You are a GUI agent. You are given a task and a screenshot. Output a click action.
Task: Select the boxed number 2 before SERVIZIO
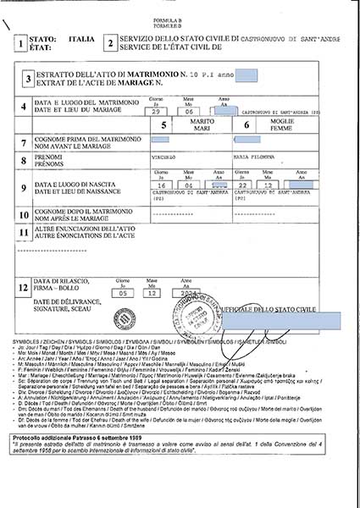coord(109,43)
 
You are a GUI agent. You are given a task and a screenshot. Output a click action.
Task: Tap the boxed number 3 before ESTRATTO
coord(28,80)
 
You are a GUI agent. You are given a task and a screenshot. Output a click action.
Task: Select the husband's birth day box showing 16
coord(158,184)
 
